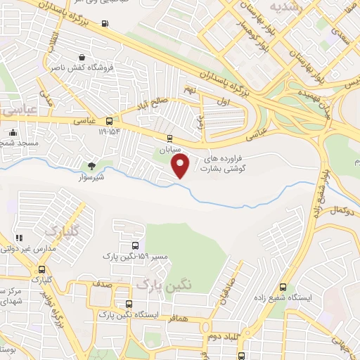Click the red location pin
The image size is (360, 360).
(x=181, y=166)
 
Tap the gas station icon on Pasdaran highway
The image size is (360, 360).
(x=105, y=24)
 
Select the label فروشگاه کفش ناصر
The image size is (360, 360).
(x=83, y=69)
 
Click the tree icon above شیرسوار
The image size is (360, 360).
(x=92, y=166)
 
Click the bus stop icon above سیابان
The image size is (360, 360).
(x=169, y=139)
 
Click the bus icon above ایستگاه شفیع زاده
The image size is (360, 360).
(x=283, y=287)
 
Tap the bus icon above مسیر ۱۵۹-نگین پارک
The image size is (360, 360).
(x=134, y=245)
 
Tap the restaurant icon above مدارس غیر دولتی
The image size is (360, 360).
(x=19, y=238)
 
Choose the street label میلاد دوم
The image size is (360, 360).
(x=228, y=337)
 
